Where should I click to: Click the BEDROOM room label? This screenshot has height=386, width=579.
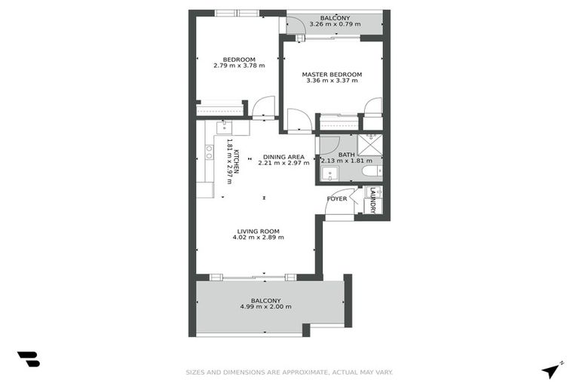point(239,60)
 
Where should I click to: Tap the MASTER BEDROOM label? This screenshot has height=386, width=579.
point(332,75)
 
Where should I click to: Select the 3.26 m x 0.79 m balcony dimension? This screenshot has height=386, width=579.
point(334,25)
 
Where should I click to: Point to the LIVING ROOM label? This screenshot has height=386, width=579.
point(258,231)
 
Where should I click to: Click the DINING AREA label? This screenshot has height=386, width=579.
point(283,156)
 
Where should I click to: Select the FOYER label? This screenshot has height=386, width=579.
point(336,199)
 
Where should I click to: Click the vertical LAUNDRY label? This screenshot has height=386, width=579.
point(372,200)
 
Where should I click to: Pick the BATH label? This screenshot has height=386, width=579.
point(346,155)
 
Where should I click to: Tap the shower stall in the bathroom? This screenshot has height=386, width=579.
point(369,143)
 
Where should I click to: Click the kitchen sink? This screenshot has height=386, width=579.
point(223,127)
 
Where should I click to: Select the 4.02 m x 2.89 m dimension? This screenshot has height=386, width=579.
point(258,238)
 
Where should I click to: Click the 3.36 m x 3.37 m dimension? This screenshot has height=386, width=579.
point(332,81)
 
